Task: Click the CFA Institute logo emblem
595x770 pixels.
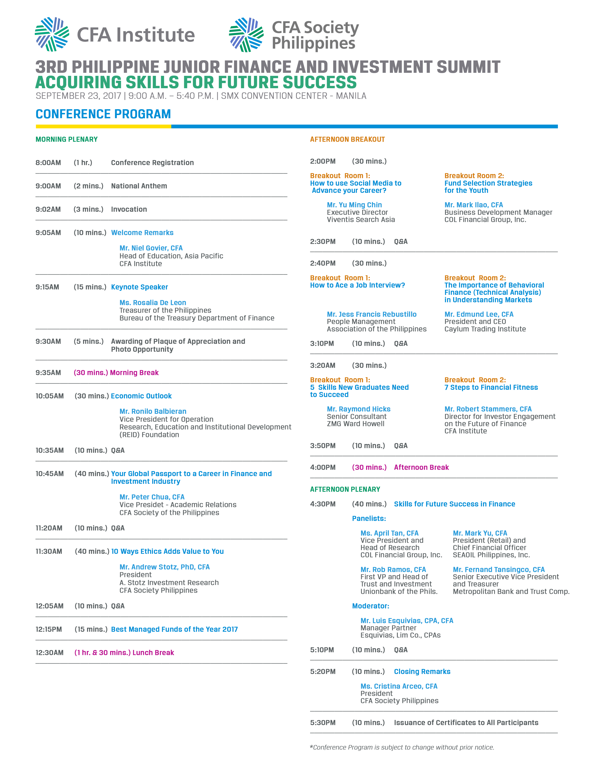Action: click(x=52, y=34)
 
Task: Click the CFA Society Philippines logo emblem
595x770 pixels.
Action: click(x=246, y=35)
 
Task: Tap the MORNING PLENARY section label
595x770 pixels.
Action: click(x=67, y=139)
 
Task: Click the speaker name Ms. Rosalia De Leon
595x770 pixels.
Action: click(x=153, y=302)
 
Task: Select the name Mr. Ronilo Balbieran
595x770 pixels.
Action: click(x=153, y=411)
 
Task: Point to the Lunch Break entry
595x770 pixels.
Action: click(x=153, y=653)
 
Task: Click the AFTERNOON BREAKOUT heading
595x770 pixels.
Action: click(x=347, y=139)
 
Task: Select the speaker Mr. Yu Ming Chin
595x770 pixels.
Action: click(x=354, y=205)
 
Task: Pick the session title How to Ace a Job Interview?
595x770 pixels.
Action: click(x=357, y=285)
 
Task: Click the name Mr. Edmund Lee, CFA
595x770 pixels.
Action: click(x=479, y=314)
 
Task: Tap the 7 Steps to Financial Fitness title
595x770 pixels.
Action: click(x=491, y=388)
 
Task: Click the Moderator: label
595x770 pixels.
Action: click(x=371, y=606)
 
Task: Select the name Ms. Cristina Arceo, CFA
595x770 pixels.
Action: click(x=399, y=686)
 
